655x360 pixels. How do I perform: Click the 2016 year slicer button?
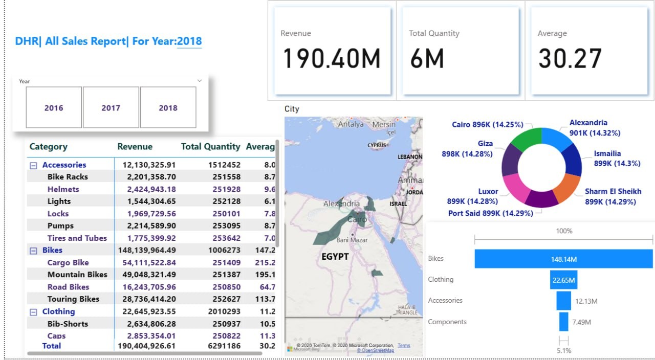tap(54, 107)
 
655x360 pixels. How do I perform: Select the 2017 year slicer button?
tap(111, 107)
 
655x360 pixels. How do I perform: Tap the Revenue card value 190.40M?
tap(332, 58)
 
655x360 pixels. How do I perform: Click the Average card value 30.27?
tap(570, 58)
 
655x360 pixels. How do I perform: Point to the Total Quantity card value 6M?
tap(427, 58)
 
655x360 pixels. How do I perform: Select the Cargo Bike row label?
tap(68, 262)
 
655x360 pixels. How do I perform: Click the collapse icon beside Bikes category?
tap(33, 251)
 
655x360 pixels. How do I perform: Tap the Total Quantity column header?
tap(210, 146)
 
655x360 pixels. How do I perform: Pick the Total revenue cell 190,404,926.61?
tap(146, 346)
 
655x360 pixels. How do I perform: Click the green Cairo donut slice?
tap(527, 138)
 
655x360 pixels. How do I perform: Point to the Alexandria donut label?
tap(588, 123)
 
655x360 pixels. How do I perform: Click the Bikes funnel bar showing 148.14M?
tap(563, 259)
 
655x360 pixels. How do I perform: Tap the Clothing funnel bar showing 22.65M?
tap(563, 280)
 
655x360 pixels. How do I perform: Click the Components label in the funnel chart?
tap(447, 322)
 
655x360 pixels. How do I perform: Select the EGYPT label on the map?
tap(335, 256)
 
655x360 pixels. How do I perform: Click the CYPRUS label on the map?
tap(377, 145)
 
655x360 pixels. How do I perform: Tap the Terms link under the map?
tap(404, 346)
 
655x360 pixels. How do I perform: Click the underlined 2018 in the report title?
tap(189, 41)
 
